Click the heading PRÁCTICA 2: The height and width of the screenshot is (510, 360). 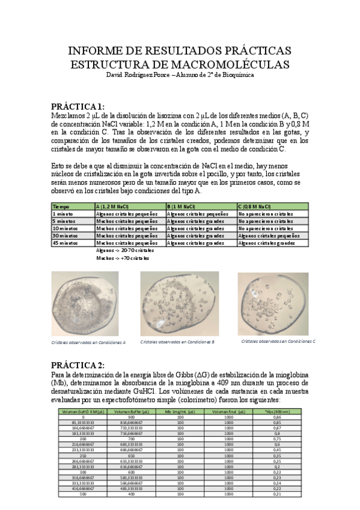click(x=78, y=366)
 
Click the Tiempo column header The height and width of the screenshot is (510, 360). click(x=62, y=206)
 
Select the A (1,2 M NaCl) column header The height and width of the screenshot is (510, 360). click(x=112, y=206)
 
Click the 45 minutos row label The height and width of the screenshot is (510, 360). click(x=67, y=242)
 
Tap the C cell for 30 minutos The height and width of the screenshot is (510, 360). click(x=270, y=235)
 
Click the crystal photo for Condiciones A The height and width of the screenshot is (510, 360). click(x=85, y=304)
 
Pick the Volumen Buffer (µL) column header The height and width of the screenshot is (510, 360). click(x=132, y=411)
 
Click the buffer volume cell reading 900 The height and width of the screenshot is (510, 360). click(x=132, y=417)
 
